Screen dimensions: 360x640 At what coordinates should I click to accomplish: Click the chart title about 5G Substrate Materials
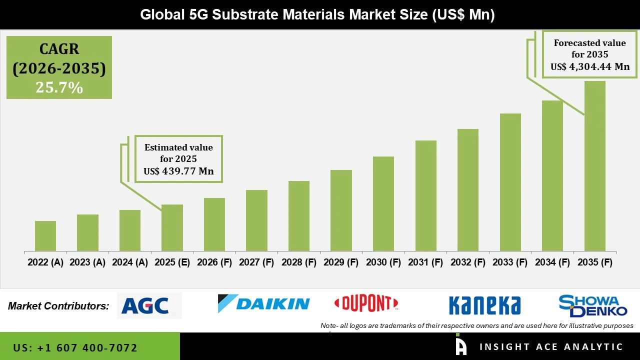click(x=317, y=14)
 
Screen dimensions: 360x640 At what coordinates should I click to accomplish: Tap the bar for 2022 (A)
click(x=45, y=236)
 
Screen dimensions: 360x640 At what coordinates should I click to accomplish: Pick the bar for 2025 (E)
click(x=172, y=227)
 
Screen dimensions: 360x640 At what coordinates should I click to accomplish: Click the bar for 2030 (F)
click(x=383, y=203)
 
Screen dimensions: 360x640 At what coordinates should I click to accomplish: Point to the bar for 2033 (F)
click(x=510, y=182)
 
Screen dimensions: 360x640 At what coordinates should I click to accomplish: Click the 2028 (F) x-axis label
click(x=298, y=262)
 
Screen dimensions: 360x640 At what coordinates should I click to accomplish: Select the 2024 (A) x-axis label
click(x=129, y=262)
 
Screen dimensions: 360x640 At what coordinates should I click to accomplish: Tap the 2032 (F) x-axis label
click(x=467, y=262)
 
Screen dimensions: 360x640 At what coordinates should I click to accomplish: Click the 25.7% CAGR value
click(x=59, y=87)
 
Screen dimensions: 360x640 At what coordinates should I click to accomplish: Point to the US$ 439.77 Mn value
click(x=178, y=171)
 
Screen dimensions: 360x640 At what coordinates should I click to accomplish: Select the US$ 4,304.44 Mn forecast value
click(x=590, y=67)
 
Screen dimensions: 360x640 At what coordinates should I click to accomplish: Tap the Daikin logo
click(x=263, y=303)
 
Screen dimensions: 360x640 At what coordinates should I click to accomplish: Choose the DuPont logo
click(x=366, y=303)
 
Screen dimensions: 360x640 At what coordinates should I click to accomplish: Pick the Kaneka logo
click(x=484, y=305)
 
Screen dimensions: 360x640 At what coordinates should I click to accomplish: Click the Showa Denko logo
click(x=592, y=305)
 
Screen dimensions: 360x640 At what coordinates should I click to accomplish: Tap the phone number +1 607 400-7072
click(x=75, y=347)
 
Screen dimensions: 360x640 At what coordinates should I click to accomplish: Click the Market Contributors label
click(x=58, y=306)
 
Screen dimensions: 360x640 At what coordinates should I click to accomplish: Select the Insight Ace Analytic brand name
click(x=551, y=347)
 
